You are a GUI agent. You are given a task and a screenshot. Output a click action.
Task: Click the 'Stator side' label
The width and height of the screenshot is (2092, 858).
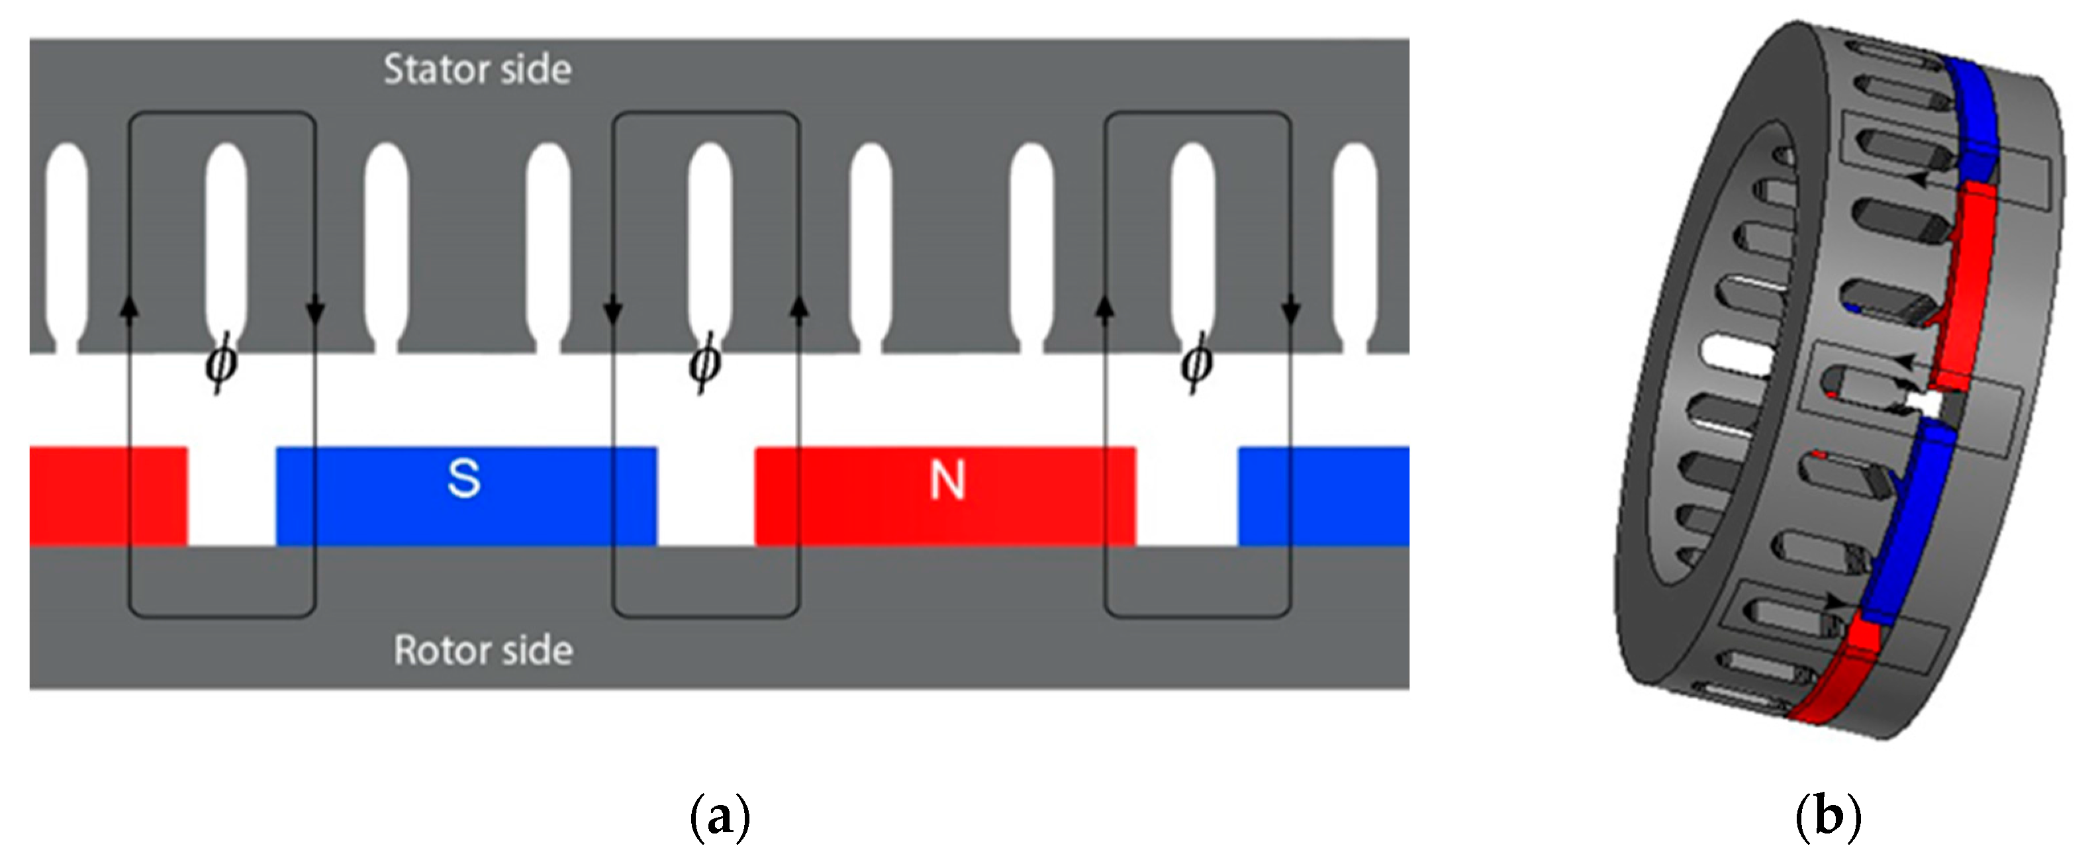(477, 70)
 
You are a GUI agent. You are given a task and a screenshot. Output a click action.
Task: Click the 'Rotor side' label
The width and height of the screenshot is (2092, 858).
(483, 651)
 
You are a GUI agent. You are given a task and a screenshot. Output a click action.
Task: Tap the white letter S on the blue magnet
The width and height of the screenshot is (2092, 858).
(463, 479)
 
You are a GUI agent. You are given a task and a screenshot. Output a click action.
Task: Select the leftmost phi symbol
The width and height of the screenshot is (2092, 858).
(220, 363)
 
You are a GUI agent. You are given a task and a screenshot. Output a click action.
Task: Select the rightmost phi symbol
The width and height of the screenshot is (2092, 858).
(1196, 363)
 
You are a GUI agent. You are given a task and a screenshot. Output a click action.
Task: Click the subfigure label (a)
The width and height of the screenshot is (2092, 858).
(720, 816)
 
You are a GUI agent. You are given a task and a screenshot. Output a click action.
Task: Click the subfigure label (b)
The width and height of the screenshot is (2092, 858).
(1828, 816)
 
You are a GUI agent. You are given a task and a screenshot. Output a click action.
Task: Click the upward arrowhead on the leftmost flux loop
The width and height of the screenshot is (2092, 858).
(130, 307)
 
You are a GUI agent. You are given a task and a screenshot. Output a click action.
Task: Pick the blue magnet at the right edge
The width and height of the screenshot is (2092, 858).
(1324, 496)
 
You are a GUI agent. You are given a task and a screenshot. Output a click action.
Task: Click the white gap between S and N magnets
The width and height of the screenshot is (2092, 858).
(706, 496)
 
